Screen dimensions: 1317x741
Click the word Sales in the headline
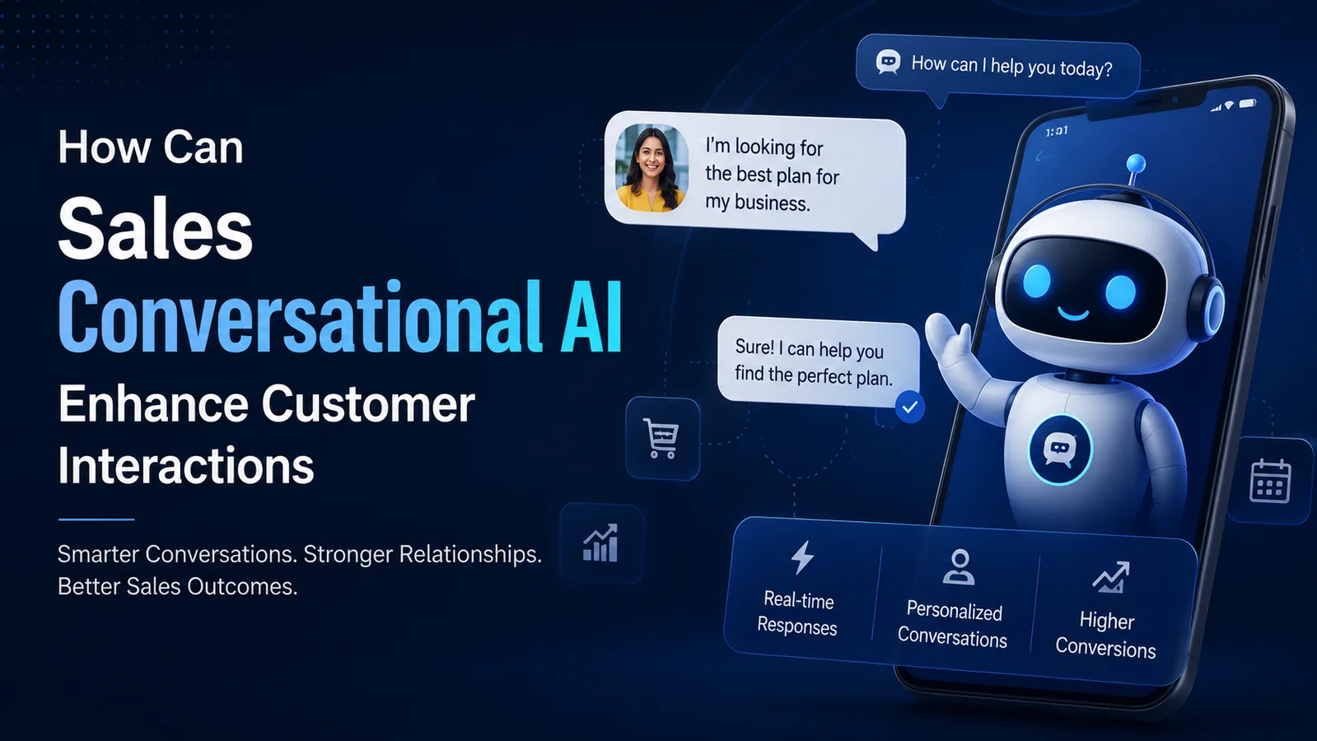click(x=155, y=228)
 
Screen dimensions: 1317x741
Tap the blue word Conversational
click(x=300, y=316)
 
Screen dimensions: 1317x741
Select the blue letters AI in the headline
click(x=591, y=316)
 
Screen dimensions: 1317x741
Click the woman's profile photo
click(x=651, y=167)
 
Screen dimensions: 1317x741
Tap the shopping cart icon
click(x=662, y=438)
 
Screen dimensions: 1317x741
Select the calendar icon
click(x=1270, y=482)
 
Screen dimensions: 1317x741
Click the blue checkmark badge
click(x=909, y=407)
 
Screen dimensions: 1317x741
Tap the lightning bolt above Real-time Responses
click(x=802, y=557)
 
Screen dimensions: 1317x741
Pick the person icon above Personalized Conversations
click(x=959, y=567)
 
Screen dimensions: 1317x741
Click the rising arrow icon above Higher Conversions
click(x=1110, y=577)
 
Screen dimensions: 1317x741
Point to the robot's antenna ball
click(x=1136, y=163)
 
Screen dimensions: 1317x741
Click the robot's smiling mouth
click(x=1072, y=315)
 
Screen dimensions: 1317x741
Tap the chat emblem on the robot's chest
click(x=1060, y=450)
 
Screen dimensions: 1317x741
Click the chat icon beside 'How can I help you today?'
click(x=888, y=62)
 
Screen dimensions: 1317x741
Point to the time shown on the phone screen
click(x=1057, y=131)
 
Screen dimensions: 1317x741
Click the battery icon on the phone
click(x=1248, y=104)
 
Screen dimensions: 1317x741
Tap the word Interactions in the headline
click(x=186, y=465)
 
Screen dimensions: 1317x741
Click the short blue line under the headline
click(x=96, y=520)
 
